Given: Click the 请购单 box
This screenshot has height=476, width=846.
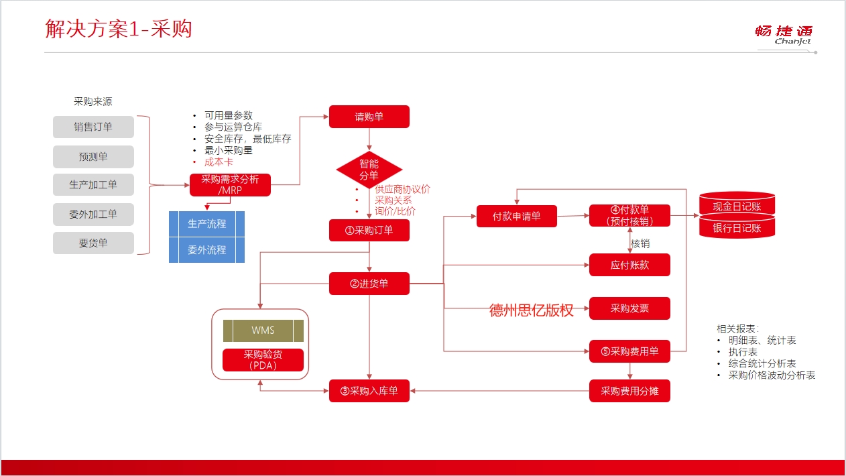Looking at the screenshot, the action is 369,117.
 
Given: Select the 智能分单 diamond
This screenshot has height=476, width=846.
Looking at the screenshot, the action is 369,170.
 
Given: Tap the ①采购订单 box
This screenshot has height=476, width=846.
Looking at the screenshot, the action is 369,230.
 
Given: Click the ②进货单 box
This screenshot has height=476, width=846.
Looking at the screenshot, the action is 369,284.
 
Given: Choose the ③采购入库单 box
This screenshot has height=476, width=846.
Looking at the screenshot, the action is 369,391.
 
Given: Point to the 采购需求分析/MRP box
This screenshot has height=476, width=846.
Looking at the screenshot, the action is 230,185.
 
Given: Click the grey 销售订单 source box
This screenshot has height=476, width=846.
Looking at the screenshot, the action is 93,127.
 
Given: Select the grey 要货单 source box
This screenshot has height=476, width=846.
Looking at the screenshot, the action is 93,243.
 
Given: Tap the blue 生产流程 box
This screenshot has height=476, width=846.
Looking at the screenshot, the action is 206,224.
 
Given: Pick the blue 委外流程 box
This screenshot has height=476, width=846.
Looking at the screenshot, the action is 206,249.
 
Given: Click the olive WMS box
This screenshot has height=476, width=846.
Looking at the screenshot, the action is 263,331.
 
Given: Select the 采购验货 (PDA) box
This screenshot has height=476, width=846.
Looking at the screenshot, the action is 263,359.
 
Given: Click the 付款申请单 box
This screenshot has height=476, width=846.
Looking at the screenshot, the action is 517,216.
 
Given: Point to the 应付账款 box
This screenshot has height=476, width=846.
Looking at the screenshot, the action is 629,265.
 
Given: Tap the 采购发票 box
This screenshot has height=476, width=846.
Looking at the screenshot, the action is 629,308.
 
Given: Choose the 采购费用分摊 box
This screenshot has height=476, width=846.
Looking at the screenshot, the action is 629,391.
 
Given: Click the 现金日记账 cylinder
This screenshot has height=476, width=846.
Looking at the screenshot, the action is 737,204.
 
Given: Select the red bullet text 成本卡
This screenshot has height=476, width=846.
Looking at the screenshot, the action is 219,162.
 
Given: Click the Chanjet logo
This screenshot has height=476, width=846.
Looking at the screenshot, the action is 784,35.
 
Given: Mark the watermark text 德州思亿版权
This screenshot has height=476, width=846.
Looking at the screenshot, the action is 531,310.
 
